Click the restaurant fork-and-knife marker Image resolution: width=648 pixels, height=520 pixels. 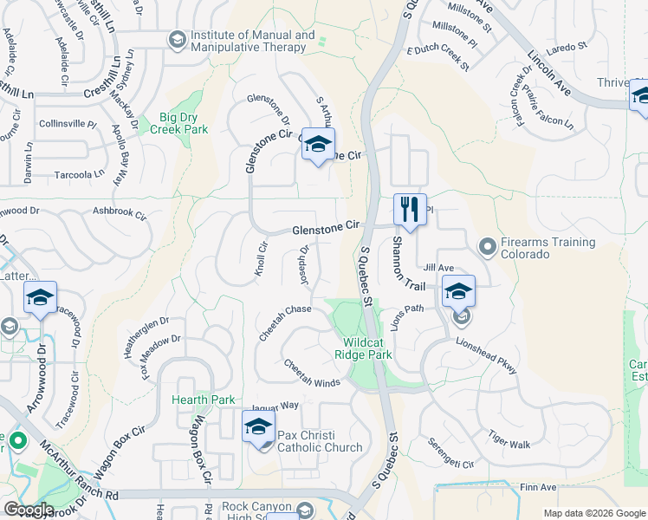tap(410, 209)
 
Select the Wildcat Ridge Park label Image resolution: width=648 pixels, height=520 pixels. tap(364, 348)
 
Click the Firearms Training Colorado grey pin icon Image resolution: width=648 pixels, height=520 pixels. tap(488, 248)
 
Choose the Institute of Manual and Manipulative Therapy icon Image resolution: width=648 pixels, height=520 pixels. tap(177, 41)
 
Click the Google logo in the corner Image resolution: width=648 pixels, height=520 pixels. tap(29, 509)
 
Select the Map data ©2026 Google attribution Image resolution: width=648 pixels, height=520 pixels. tap(593, 513)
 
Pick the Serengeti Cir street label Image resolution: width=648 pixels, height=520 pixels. tap(450, 452)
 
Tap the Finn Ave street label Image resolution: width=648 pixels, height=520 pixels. tap(538, 487)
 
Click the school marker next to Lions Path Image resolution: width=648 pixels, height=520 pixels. tap(459, 292)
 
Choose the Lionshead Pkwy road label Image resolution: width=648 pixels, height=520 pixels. tap(488, 357)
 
